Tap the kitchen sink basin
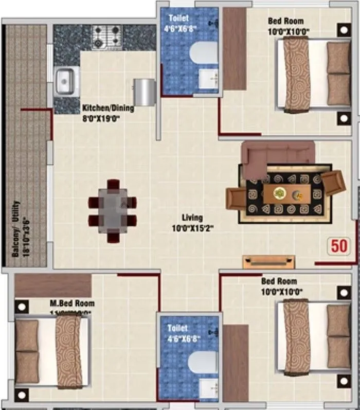click(65, 81)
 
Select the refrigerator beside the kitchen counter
click(145, 92)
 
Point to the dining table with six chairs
click(113, 210)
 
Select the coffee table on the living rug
click(287, 194)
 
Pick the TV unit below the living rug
click(269, 261)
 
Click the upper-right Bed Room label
click(285, 25)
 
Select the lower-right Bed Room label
click(279, 286)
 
